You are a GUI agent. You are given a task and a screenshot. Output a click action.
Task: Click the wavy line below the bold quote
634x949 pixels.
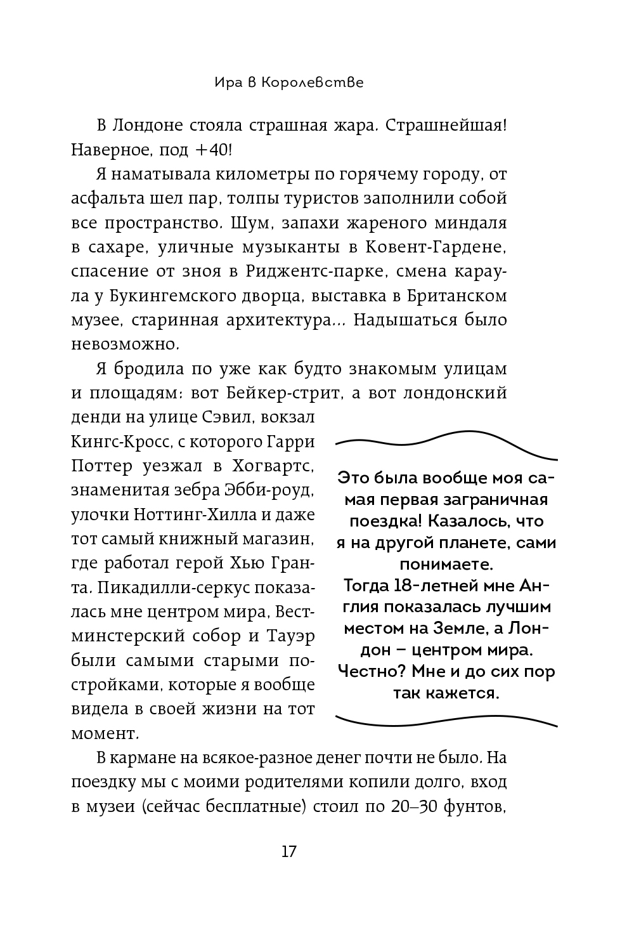[446, 720]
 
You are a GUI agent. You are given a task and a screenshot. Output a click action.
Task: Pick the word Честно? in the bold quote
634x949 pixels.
[369, 671]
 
